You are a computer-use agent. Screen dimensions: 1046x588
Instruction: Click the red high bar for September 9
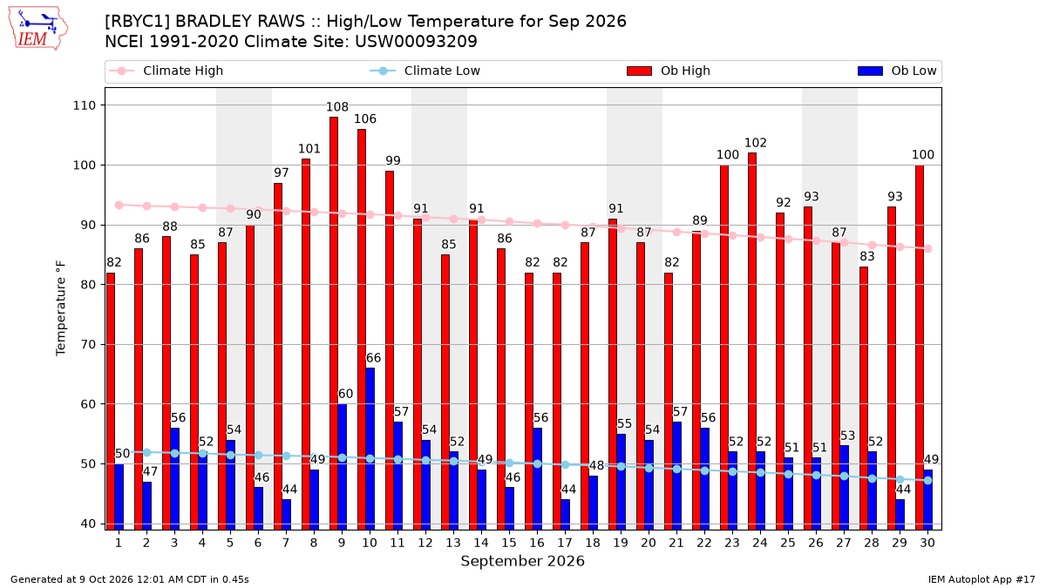(333, 323)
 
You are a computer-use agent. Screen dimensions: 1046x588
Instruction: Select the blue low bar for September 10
(370, 449)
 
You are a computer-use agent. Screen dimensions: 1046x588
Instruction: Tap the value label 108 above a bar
(337, 107)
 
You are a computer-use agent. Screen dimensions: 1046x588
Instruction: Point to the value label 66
(373, 358)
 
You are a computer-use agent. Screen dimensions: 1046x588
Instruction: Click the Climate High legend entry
(166, 71)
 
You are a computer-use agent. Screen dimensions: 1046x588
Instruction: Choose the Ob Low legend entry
(897, 71)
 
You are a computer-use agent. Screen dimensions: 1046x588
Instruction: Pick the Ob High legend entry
(669, 71)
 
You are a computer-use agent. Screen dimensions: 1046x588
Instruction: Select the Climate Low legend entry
(425, 71)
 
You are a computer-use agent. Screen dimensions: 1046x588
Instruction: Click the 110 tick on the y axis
(85, 105)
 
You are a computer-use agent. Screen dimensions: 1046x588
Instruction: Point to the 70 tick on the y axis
(88, 344)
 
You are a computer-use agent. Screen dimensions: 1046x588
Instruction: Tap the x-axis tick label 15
(509, 543)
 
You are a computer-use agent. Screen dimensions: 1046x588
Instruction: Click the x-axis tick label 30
(927, 543)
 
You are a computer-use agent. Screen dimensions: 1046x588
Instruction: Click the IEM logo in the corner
(38, 29)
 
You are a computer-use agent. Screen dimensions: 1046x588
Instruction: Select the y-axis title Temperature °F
(61, 308)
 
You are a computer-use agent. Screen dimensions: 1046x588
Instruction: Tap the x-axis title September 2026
(522, 561)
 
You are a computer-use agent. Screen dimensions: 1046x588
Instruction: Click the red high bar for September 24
(751, 341)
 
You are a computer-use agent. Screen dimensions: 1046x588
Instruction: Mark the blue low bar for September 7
(286, 514)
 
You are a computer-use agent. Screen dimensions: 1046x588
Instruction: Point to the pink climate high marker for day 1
(119, 206)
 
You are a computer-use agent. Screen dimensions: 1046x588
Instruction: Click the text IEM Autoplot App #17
(981, 579)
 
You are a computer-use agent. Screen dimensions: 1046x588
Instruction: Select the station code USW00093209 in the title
(416, 42)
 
